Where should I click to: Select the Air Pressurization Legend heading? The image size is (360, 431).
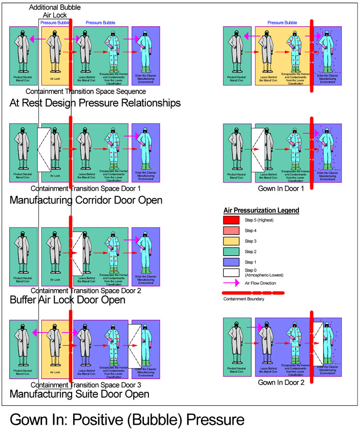(261, 211)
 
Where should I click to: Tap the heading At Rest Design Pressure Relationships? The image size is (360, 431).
(95, 103)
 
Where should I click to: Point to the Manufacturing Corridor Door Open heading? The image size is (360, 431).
(86, 200)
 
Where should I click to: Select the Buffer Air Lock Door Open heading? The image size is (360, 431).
(67, 300)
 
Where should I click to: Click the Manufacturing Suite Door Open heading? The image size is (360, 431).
(79, 394)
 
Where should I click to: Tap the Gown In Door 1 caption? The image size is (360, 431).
(282, 188)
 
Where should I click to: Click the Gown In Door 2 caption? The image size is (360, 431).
(282, 382)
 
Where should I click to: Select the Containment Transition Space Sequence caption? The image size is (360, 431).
(85, 91)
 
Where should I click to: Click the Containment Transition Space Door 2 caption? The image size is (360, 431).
(85, 291)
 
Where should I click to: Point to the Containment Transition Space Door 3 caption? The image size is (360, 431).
(85, 385)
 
